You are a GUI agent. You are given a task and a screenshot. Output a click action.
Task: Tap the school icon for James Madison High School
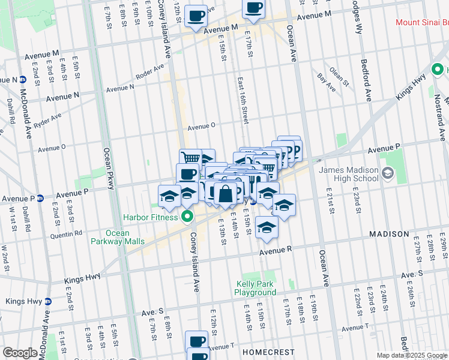[x=387, y=175]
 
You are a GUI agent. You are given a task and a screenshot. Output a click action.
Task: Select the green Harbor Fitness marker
[x=187, y=217]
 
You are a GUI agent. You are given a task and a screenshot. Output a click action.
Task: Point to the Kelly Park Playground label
[x=255, y=288]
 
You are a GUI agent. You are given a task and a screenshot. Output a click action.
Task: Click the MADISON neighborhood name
[x=388, y=234]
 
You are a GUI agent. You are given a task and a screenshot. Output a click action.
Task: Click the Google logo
[x=20, y=353]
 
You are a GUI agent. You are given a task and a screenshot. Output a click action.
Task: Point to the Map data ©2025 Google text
[x=412, y=355]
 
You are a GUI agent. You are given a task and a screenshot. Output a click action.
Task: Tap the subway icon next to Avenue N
[x=22, y=80]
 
